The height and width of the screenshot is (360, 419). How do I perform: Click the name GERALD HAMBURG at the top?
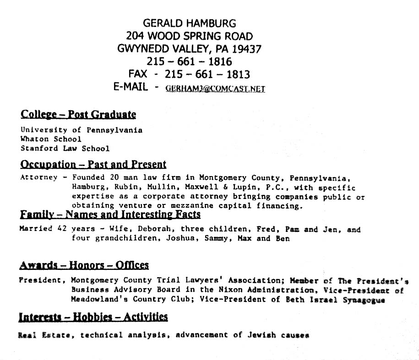[x=190, y=23]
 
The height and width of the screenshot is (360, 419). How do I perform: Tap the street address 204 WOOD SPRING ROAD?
[x=190, y=36]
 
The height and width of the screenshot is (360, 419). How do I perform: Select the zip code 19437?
[x=246, y=48]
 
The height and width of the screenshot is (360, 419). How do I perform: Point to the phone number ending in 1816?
[x=190, y=61]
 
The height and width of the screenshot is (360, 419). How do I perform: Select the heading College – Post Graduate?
[x=78, y=114]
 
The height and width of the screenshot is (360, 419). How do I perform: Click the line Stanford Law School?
[x=65, y=148]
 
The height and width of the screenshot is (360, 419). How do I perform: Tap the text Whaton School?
[x=51, y=139]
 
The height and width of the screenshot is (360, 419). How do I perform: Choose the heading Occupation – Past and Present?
[x=93, y=164]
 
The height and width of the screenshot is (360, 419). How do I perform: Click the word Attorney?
[x=39, y=177]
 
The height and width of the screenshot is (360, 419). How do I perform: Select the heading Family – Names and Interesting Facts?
[x=110, y=215]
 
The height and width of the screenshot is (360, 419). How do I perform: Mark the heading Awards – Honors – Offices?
[x=84, y=265]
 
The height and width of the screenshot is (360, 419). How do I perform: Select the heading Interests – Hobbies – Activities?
[x=93, y=317]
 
